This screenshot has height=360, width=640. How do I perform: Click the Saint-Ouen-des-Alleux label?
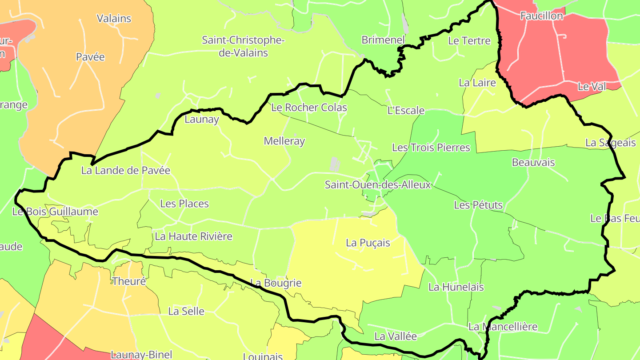click(x=378, y=184)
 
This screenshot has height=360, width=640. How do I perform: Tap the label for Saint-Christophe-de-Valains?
click(x=243, y=46)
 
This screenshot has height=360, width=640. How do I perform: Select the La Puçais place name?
click(x=368, y=243)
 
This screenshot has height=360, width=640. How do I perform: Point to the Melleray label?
click(x=284, y=141)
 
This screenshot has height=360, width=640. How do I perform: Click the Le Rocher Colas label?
click(x=309, y=108)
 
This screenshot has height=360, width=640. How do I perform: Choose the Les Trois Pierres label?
click(x=431, y=148)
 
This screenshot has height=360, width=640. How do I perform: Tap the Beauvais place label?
click(x=533, y=162)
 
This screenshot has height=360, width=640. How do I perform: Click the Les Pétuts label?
click(x=478, y=205)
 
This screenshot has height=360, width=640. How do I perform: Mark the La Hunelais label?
click(x=456, y=287)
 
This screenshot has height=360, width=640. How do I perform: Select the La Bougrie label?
click(x=276, y=283)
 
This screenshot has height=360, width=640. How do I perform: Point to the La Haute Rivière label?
click(x=193, y=236)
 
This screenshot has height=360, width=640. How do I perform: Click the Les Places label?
click(x=184, y=204)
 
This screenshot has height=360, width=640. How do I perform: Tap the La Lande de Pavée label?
click(x=126, y=170)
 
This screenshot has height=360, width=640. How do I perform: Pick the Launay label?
click(x=202, y=119)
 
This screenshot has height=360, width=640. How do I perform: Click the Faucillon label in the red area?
click(x=542, y=16)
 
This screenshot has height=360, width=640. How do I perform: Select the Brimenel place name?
click(x=383, y=40)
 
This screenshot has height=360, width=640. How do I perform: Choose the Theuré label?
click(x=129, y=281)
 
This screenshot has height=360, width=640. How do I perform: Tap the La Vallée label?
click(x=396, y=336)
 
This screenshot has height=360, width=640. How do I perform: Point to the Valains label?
click(x=114, y=18)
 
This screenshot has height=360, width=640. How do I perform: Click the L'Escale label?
click(x=406, y=110)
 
